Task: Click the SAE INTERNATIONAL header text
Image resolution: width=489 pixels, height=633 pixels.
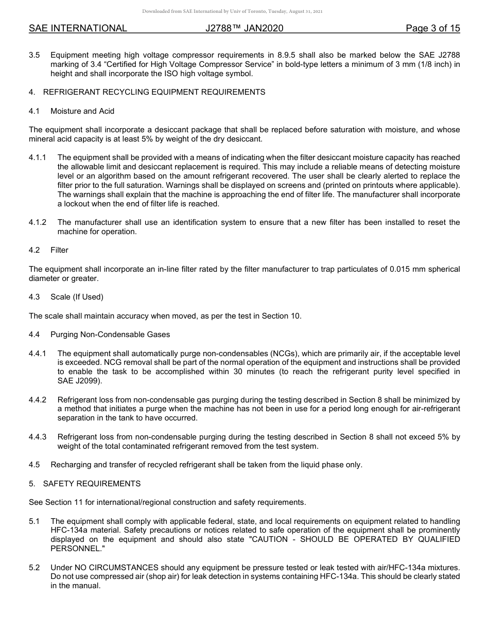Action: click(78, 28)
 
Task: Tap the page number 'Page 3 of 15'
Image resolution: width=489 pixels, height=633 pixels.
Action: click(432, 28)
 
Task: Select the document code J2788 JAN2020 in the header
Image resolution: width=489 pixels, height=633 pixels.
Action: click(244, 28)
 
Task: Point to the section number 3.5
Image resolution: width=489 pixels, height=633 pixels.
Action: click(34, 55)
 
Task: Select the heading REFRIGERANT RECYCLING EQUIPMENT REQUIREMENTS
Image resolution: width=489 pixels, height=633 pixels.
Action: click(154, 92)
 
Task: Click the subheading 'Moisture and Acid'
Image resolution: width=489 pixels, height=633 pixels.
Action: click(82, 111)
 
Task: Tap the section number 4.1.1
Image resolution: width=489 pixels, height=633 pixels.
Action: click(38, 157)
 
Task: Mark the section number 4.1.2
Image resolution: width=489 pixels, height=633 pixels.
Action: click(38, 222)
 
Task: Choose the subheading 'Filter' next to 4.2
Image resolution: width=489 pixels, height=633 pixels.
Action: click(59, 250)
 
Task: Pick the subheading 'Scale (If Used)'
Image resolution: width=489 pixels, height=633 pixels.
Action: click(77, 297)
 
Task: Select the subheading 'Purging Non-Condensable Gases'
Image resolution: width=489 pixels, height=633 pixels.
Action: click(110, 335)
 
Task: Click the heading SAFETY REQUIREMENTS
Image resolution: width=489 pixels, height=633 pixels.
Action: click(92, 484)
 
